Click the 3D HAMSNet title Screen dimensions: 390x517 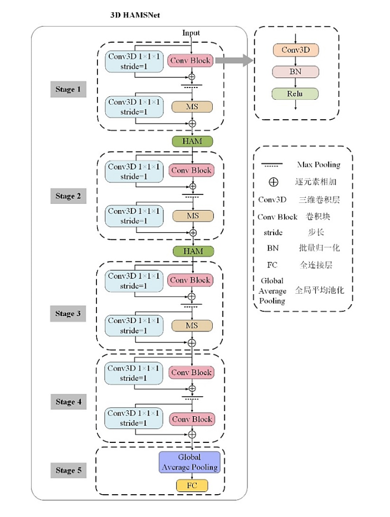pyautogui.click(x=135, y=15)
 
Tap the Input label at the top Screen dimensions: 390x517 pyautogui.click(x=191, y=33)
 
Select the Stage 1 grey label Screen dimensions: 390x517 pyautogui.click(x=68, y=89)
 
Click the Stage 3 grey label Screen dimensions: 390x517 pyautogui.click(x=68, y=313)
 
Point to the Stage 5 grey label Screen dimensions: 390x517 pyautogui.click(x=68, y=470)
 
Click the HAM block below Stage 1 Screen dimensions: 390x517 pyautogui.click(x=193, y=141)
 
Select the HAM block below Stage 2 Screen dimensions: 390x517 pyautogui.click(x=193, y=251)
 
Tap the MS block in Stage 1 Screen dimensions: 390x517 pyautogui.click(x=192, y=107)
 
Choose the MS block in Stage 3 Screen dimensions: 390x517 pyautogui.click(x=192, y=326)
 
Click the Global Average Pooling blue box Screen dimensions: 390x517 pyautogui.click(x=189, y=462)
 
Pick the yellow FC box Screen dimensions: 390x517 pyautogui.click(x=192, y=486)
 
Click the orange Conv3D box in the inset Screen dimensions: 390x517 pyautogui.click(x=296, y=50)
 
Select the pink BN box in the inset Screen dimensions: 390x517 pyautogui.click(x=295, y=71)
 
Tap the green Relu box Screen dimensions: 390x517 pyautogui.click(x=295, y=94)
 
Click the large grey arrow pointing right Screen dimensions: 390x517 pyautogui.click(x=234, y=60)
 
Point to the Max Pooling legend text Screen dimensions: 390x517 pyautogui.click(x=319, y=164)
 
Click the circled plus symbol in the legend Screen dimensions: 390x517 pyautogui.click(x=274, y=182)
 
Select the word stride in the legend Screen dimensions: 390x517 pyautogui.click(x=273, y=232)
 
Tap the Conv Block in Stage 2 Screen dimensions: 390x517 pyautogui.click(x=191, y=170)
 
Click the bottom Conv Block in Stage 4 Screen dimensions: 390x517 pyautogui.click(x=192, y=419)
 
